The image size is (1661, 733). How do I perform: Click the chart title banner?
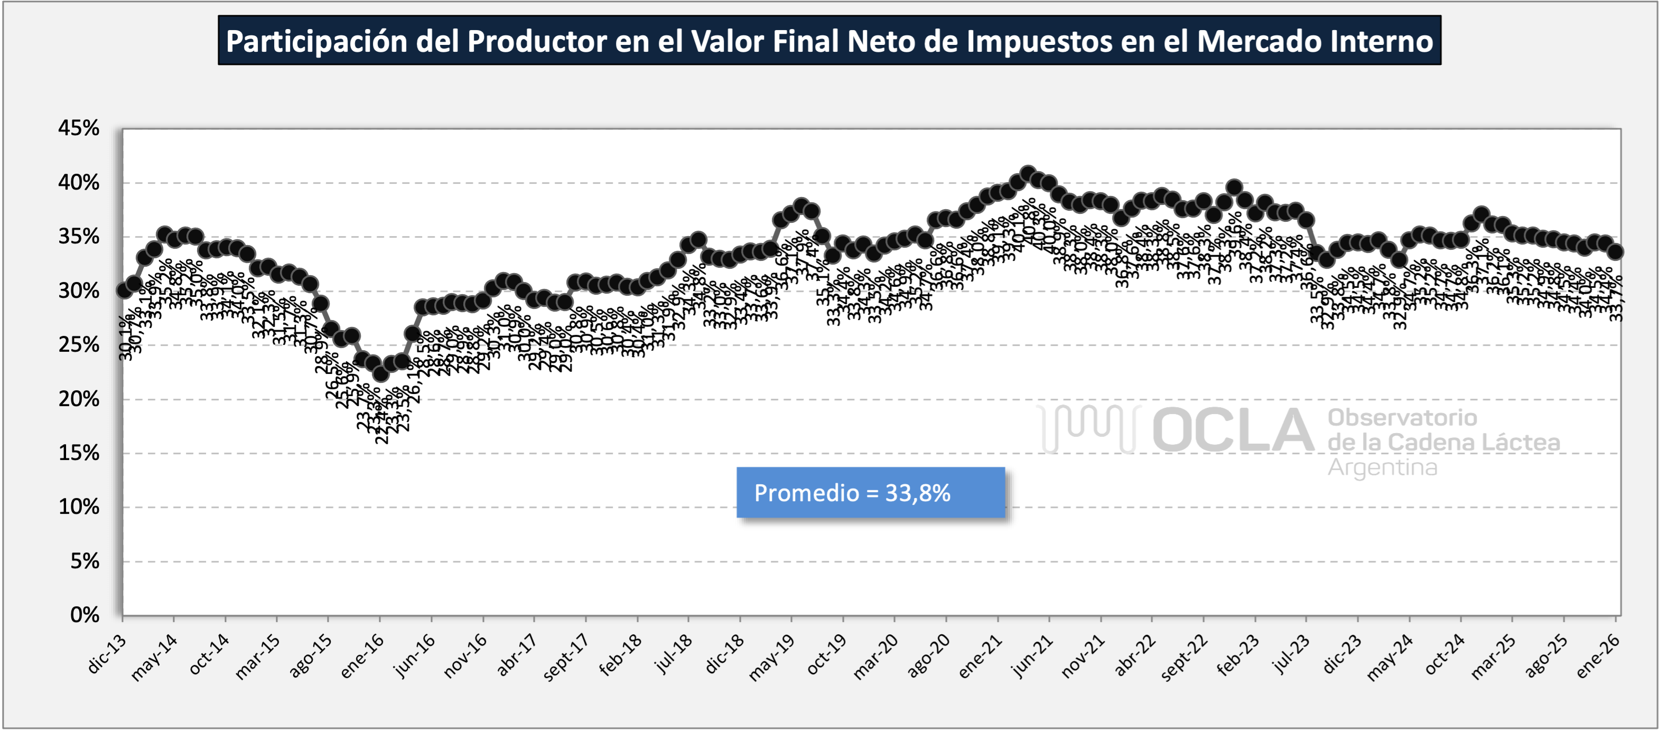[829, 41]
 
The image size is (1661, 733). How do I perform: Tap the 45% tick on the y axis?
[79, 128]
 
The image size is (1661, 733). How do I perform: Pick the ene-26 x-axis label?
[1597, 656]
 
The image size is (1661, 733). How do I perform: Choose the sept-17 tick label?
[565, 657]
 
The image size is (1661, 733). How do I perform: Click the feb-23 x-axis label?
[1237, 656]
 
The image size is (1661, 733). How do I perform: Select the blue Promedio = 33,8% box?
[871, 493]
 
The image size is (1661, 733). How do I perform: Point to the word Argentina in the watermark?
[1382, 467]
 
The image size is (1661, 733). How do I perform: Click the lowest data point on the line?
[380, 373]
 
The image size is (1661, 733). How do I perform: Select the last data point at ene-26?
[1615, 252]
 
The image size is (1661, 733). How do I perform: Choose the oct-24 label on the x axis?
[1444, 656]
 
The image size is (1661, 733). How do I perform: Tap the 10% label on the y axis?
[79, 508]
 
